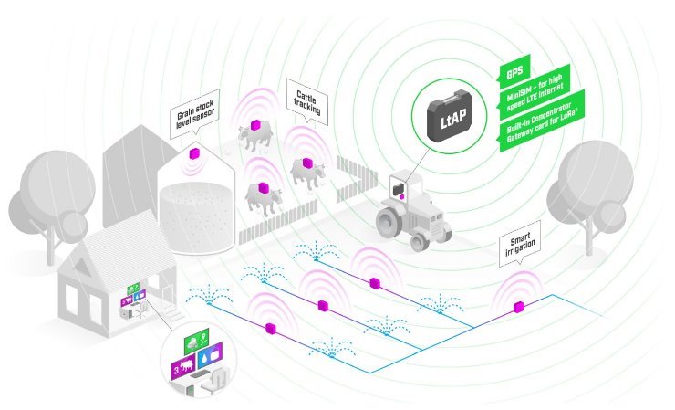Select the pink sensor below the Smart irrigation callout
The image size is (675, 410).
point(519,305)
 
